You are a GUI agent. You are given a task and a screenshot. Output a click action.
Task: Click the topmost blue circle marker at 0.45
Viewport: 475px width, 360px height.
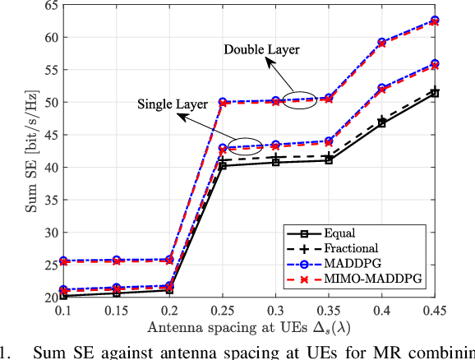point(435,20)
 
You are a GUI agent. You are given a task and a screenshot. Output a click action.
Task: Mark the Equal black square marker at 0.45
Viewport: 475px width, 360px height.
point(435,93)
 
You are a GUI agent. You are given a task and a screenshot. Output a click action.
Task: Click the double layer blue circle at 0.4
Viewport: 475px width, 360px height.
point(381,42)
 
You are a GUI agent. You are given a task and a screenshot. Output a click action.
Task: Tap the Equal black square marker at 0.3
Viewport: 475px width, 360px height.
point(275,162)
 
